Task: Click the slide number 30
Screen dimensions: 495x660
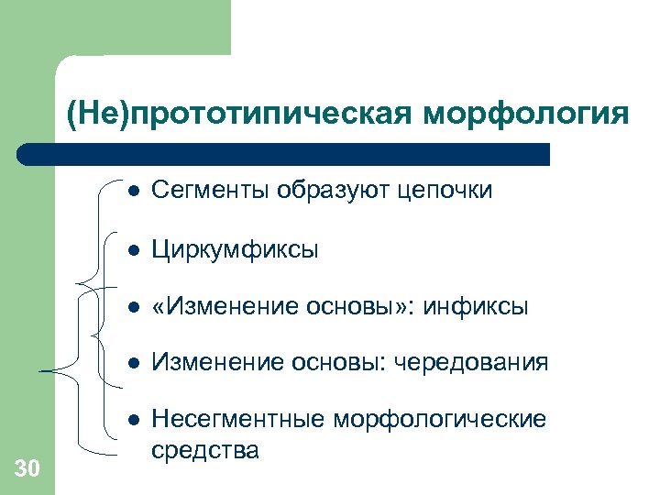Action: click(27, 469)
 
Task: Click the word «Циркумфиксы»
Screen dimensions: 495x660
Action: click(235, 249)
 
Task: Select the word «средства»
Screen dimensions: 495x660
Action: click(204, 450)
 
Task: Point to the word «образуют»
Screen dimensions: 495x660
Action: click(327, 190)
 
